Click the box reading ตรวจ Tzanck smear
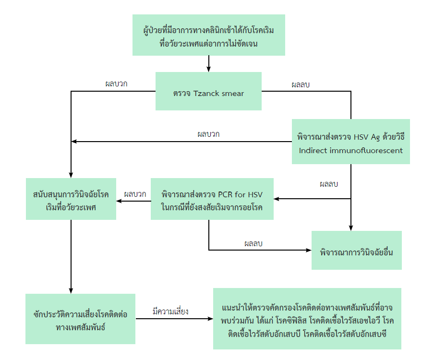[x=208, y=91]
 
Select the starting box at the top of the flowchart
[x=209, y=35]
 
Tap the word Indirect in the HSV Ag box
[x=313, y=150]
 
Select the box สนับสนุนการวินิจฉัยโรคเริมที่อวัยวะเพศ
[x=71, y=199]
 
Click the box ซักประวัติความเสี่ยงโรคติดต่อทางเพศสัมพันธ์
[x=80, y=319]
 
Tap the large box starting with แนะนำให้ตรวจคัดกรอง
[x=307, y=319]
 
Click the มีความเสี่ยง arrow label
[x=170, y=311]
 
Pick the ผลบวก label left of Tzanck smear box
[x=116, y=83]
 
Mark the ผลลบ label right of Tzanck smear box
[x=301, y=84]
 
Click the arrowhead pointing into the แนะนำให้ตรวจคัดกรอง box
[x=210, y=319]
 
